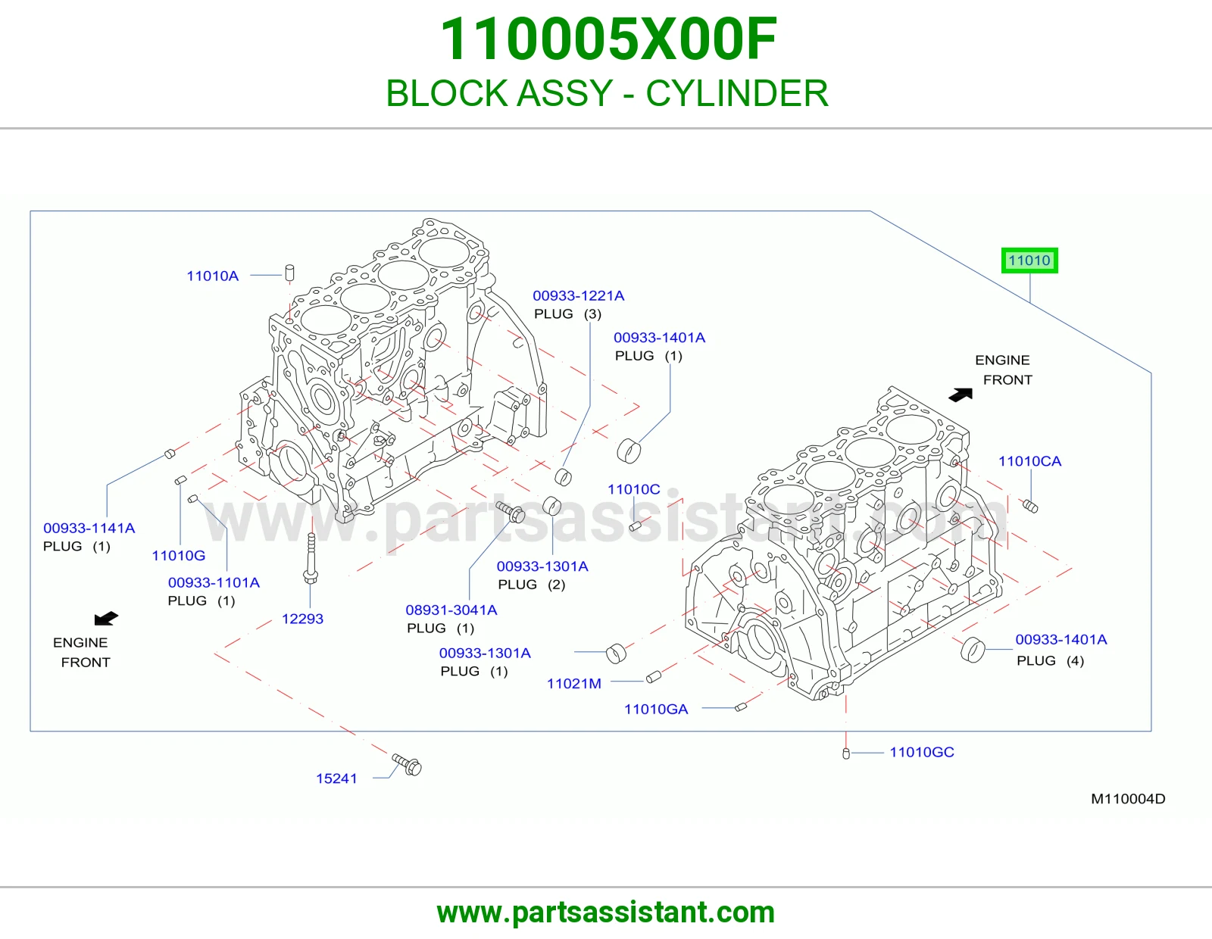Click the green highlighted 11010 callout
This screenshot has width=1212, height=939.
(1029, 260)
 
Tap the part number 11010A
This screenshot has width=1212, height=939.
(213, 276)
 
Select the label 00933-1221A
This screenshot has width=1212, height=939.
(579, 295)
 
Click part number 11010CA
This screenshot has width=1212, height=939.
(1029, 461)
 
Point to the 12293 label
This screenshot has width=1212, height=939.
(302, 619)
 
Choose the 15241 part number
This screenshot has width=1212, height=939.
(336, 778)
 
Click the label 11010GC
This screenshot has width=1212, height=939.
(921, 752)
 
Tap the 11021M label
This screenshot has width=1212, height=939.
(574, 684)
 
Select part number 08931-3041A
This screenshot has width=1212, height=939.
(451, 610)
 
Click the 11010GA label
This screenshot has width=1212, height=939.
(656, 710)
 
